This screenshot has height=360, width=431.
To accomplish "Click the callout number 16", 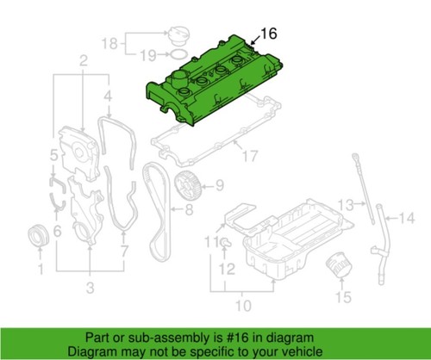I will tap(269, 34).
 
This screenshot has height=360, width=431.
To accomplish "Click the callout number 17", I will tap(250, 156).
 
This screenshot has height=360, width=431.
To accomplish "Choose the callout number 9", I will tap(218, 183).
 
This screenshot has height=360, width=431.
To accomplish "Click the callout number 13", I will tap(346, 205).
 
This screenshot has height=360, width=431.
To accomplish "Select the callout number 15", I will tap(343, 297).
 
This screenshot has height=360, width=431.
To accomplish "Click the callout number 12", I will tap(226, 270).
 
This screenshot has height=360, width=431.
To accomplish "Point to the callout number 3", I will tap(88, 286).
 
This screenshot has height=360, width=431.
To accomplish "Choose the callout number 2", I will tap(84, 60).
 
